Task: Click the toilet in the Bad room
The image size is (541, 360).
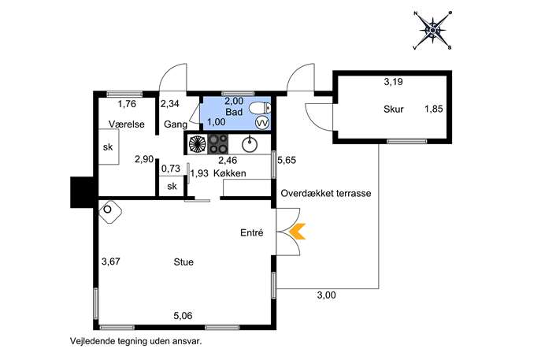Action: pyautogui.click(x=261, y=108)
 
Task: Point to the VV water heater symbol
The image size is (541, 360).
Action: pyautogui.click(x=263, y=123)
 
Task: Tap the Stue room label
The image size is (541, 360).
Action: pyautogui.click(x=183, y=262)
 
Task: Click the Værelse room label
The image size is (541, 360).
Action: pyautogui.click(x=124, y=124)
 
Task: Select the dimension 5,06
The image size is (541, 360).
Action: pyautogui.click(x=183, y=316)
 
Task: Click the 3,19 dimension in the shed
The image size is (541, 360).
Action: pyautogui.click(x=393, y=81)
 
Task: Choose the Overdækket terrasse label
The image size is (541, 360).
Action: pyautogui.click(x=325, y=193)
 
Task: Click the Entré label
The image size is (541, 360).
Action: pyautogui.click(x=250, y=233)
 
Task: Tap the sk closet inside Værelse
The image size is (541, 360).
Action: pyautogui.click(x=107, y=147)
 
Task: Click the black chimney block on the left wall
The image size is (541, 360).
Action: pyautogui.click(x=81, y=190)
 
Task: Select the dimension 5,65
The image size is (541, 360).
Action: pyautogui.click(x=286, y=161)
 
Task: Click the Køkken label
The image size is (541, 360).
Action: pyautogui.click(x=234, y=173)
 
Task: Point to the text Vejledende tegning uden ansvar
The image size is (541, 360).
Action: pyautogui.click(x=141, y=342)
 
